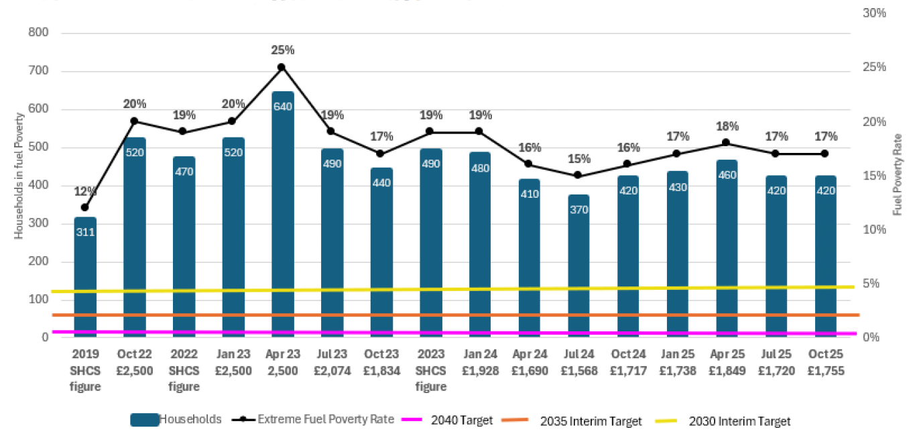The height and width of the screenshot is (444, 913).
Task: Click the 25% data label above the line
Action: point(282,50)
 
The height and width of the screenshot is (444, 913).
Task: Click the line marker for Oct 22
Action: point(135,121)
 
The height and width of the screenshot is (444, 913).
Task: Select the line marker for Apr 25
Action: point(726,143)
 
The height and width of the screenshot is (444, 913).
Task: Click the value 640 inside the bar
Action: point(282,107)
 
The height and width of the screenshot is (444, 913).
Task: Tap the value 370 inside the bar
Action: point(579,210)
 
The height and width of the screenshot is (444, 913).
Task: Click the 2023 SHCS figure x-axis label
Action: point(430,370)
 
